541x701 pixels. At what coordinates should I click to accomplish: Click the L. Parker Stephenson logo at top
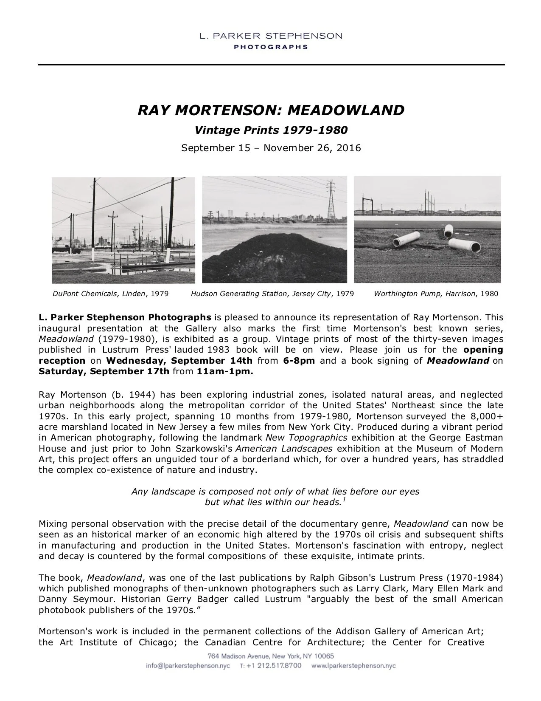click(271, 40)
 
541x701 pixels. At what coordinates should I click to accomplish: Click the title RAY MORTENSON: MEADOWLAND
click(271, 110)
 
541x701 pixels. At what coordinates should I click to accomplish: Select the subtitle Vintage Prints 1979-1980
click(271, 130)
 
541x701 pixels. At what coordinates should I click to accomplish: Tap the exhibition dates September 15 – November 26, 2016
click(271, 148)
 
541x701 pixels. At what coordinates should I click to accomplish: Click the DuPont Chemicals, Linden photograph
click(123, 230)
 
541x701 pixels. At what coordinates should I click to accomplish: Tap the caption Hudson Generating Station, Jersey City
click(272, 294)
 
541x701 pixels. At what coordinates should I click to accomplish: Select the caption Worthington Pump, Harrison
click(436, 294)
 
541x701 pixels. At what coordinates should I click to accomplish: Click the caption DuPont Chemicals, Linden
click(110, 294)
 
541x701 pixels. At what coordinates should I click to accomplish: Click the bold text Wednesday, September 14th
click(179, 361)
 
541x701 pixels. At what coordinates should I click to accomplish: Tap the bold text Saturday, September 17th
click(104, 372)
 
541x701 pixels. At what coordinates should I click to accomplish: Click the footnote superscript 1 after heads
click(344, 500)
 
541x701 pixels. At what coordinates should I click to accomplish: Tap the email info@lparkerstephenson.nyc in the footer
click(188, 666)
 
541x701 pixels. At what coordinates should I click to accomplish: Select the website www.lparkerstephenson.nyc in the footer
click(353, 666)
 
